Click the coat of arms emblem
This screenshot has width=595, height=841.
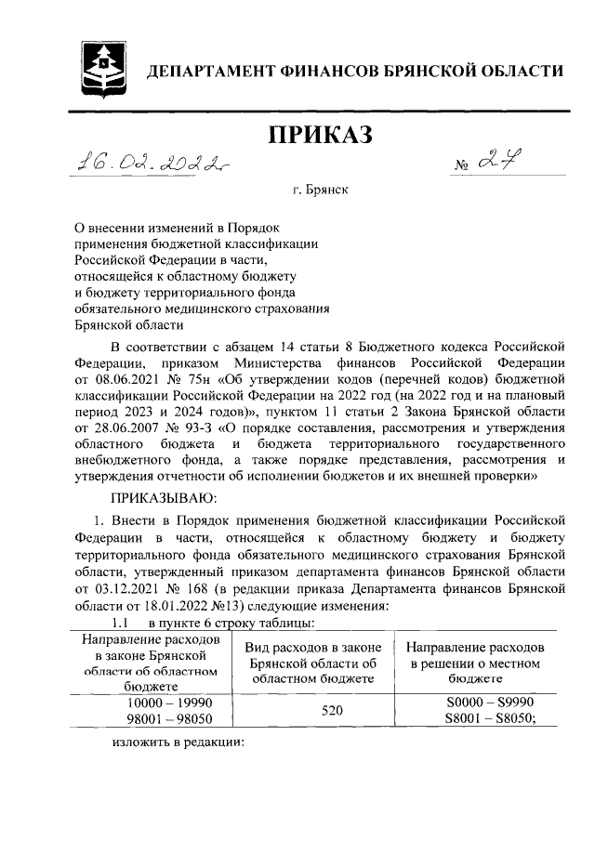(100, 65)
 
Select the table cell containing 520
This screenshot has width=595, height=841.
(319, 711)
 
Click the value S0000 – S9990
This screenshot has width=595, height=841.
(480, 703)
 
